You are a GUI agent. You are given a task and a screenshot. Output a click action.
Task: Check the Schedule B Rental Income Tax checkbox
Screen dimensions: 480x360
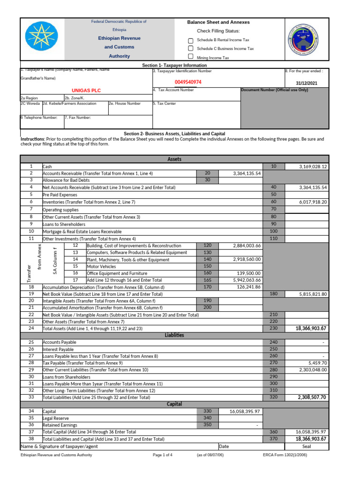[x=190, y=40]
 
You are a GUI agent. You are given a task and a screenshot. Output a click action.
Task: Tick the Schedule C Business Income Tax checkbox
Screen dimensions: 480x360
[x=190, y=48]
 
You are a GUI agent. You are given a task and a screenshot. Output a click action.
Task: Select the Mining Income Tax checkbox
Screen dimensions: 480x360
[x=190, y=57]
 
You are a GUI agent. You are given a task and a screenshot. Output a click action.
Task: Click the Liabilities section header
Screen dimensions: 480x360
[x=174, y=335]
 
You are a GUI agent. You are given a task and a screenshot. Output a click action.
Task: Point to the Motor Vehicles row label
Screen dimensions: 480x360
[x=102, y=266]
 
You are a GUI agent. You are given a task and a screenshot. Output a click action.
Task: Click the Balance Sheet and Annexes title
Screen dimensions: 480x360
[x=218, y=22]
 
